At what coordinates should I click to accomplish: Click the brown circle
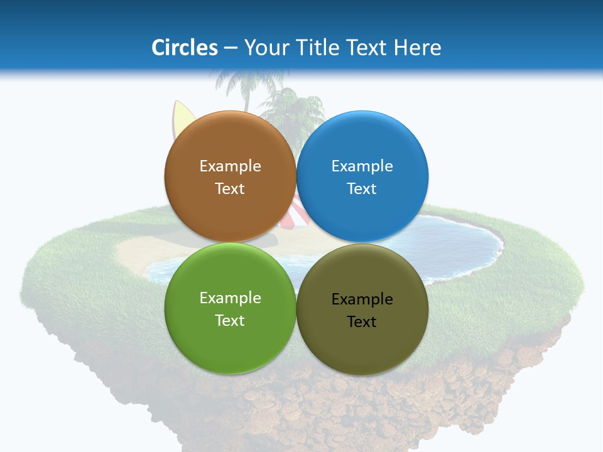[230, 144]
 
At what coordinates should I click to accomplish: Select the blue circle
[362, 144]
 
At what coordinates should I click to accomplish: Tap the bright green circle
[230, 342]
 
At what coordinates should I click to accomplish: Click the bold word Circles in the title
[185, 47]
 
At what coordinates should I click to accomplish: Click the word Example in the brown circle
[230, 166]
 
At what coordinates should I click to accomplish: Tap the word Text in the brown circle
[230, 188]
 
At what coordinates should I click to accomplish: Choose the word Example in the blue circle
[362, 166]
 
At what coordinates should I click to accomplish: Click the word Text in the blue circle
[362, 188]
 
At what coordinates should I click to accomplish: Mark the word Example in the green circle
[230, 298]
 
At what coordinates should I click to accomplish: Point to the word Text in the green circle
[230, 320]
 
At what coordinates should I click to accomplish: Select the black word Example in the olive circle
[362, 299]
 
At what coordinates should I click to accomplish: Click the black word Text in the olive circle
[362, 321]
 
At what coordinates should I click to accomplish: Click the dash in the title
[231, 48]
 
